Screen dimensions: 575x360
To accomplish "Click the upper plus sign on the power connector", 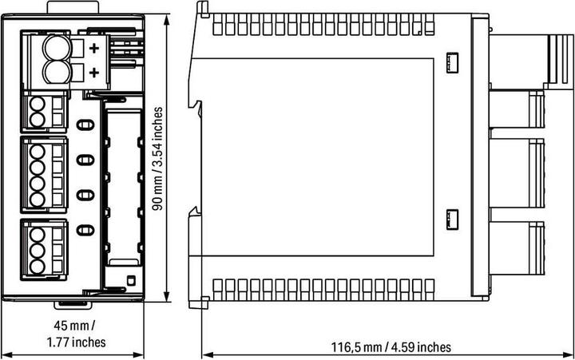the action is [x=94, y=48].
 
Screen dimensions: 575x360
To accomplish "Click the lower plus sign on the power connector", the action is [x=94, y=73].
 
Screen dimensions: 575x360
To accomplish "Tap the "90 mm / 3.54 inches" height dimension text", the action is [x=157, y=159].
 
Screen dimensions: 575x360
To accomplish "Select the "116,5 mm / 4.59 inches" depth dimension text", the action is [x=391, y=346].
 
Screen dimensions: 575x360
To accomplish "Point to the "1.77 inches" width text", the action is [x=77, y=342].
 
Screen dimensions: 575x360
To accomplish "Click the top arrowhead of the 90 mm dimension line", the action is [x=167, y=20].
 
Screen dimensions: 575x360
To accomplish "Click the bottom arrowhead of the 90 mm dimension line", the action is [x=167, y=297].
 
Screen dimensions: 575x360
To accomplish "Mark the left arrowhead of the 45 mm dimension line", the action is [x=6, y=355].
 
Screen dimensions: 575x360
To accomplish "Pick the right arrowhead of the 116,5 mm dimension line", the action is [x=568, y=355].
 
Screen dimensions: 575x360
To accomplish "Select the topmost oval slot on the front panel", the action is [x=85, y=125].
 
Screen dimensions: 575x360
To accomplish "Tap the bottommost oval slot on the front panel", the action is [x=85, y=230].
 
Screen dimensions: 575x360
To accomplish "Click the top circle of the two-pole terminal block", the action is [x=37, y=105].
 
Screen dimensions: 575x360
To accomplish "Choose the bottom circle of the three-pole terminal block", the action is [x=37, y=267].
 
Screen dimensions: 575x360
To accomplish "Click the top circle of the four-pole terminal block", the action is [x=37, y=152].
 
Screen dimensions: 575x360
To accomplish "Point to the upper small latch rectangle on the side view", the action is [x=453, y=62].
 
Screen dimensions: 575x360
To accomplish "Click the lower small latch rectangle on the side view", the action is [x=453, y=220].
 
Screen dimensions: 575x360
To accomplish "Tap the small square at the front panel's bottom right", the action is [x=130, y=281].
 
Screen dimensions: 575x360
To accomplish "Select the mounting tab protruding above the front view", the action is [x=73, y=7].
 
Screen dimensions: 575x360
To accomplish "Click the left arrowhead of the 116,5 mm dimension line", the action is [x=208, y=355].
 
